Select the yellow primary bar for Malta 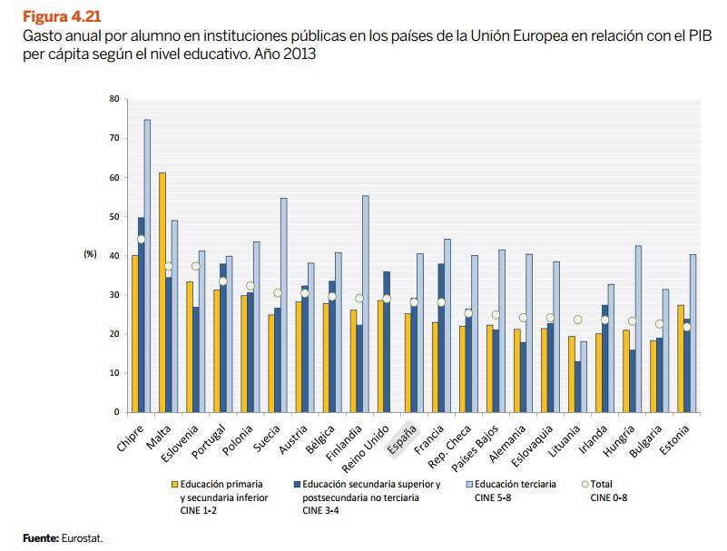[162, 291]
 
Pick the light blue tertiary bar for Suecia [283, 304]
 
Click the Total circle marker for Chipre [141, 240]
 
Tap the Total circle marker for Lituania [577, 320]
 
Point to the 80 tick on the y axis [113, 98]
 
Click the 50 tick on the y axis [113, 216]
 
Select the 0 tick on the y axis [116, 412]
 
